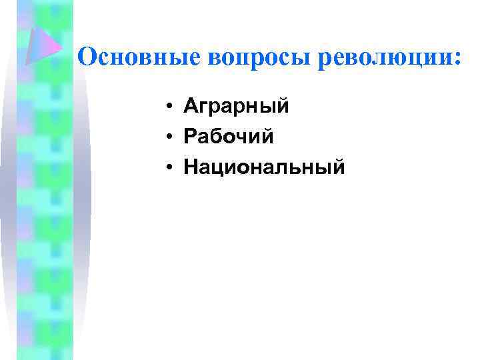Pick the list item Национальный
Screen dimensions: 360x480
click(265, 167)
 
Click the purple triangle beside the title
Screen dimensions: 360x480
click(44, 45)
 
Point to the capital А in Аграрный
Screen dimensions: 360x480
click(192, 106)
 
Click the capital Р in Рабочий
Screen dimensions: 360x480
click(191, 137)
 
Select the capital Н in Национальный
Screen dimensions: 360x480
click(191, 167)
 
